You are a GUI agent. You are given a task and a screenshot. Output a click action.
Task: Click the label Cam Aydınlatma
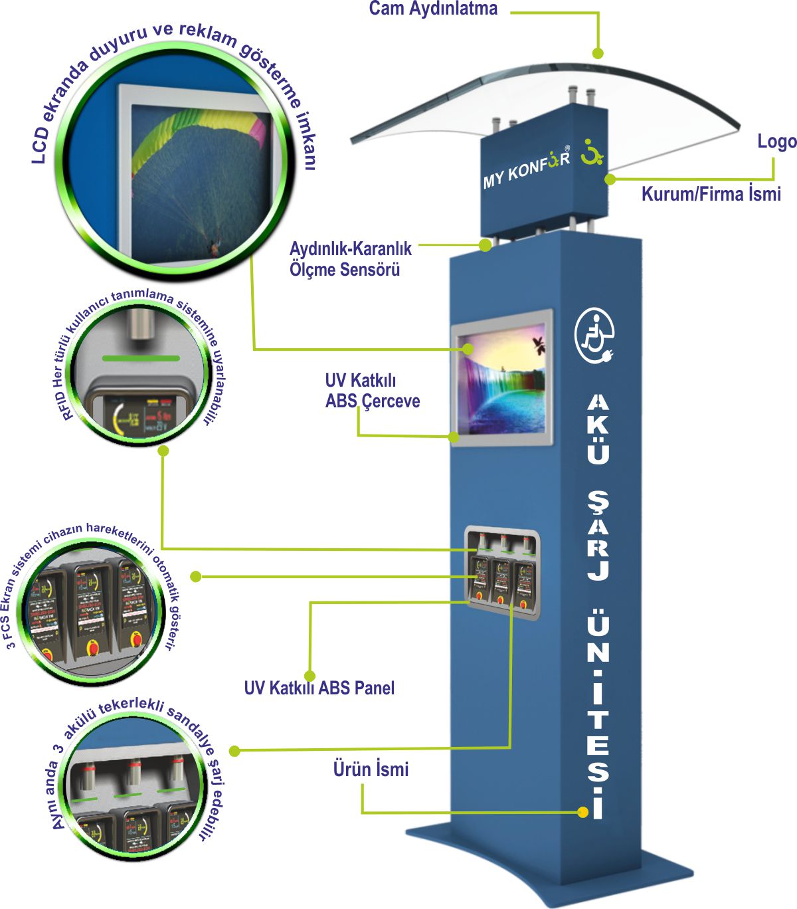[433, 9]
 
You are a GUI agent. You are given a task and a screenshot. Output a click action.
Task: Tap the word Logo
[776, 142]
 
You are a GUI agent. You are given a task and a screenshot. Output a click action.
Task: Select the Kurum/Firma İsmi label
[711, 194]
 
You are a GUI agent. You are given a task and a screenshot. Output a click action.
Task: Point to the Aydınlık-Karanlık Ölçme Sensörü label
[350, 259]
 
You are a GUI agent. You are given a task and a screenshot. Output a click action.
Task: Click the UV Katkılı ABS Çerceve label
[372, 391]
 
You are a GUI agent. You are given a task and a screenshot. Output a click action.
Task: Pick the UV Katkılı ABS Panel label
[319, 688]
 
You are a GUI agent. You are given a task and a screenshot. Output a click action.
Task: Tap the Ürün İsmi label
[371, 769]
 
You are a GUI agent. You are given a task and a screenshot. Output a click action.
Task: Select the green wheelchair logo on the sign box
[590, 152]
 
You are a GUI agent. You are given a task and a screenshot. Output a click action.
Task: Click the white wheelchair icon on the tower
[594, 336]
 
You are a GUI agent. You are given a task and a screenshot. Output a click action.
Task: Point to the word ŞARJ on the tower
[598, 536]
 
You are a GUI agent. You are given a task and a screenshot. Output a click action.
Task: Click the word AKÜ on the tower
[598, 429]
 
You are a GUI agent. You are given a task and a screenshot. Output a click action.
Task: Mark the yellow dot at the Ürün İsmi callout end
[582, 812]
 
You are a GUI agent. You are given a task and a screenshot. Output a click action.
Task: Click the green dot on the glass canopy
[598, 52]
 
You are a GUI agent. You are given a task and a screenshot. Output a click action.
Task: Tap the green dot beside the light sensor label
[485, 245]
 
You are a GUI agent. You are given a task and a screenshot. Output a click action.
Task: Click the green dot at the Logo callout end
[610, 179]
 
